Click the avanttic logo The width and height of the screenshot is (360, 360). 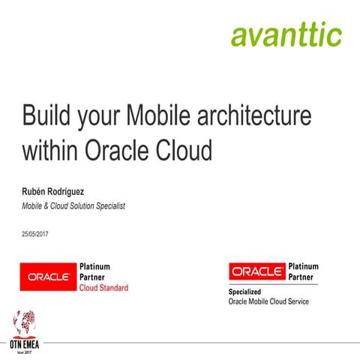pyautogui.click(x=286, y=34)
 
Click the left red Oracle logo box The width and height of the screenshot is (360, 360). pyautogui.click(x=49, y=276)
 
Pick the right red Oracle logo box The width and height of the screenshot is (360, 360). pyautogui.click(x=257, y=271)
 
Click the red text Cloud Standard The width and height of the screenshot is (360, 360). pyautogui.click(x=103, y=288)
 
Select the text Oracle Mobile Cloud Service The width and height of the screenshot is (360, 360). pyautogui.click(x=268, y=301)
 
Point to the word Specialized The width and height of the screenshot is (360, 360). pyautogui.click(x=247, y=292)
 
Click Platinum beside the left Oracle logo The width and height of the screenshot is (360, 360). pyautogui.click(x=95, y=266)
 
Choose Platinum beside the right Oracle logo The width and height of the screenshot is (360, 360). pyautogui.click(x=304, y=266)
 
